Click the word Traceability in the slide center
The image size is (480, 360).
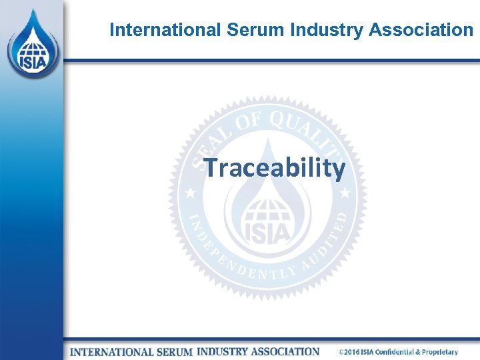click(x=274, y=168)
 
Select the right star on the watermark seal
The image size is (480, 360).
click(x=345, y=193)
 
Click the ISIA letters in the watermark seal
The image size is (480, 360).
click(x=267, y=231)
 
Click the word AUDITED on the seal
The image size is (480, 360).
click(x=327, y=243)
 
